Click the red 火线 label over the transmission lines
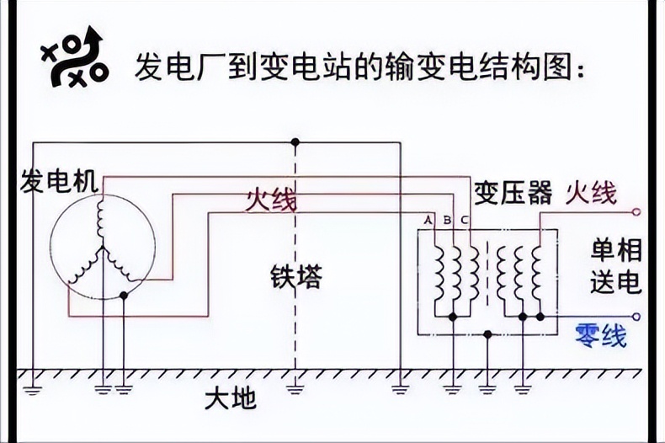click(271, 200)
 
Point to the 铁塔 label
click(296, 277)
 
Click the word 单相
click(616, 250)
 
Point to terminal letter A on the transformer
click(428, 221)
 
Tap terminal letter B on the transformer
click(447, 221)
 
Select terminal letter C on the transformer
click(465, 221)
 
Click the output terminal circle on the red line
click(636, 212)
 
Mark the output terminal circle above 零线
click(636, 317)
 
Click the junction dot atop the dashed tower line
click(295, 141)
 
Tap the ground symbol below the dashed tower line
click(295, 388)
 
